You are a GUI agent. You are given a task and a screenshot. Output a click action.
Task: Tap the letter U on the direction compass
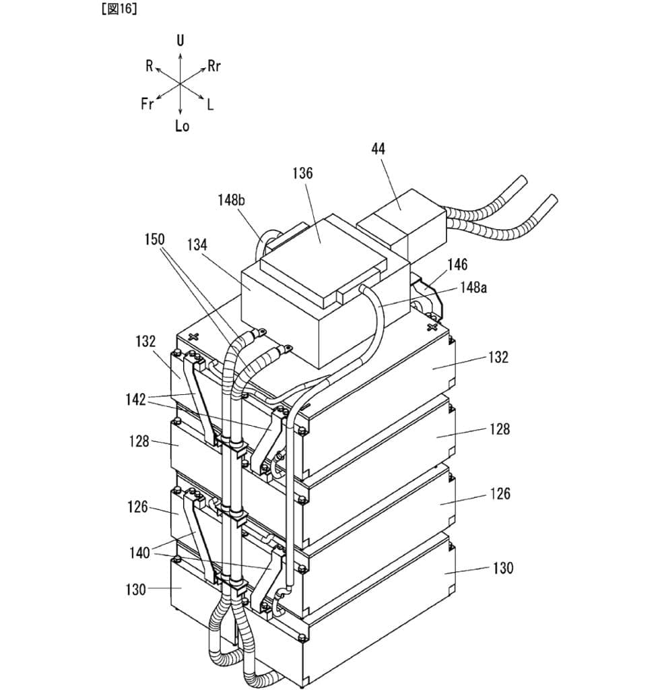click(x=180, y=40)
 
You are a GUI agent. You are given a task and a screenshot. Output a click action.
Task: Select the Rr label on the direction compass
click(x=214, y=66)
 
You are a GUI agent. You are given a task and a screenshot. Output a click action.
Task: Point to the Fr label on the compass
click(x=147, y=104)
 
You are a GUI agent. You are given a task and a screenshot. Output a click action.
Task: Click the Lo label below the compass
click(x=182, y=126)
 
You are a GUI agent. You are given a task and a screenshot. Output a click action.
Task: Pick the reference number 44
click(x=378, y=149)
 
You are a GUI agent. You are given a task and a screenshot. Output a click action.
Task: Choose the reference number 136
click(x=302, y=173)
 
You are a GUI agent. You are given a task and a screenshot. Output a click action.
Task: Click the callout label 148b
click(x=231, y=199)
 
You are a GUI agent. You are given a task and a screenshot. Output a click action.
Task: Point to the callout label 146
click(x=457, y=264)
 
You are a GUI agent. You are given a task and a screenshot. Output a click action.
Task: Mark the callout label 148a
click(x=473, y=288)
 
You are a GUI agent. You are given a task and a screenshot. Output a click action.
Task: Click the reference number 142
click(x=135, y=400)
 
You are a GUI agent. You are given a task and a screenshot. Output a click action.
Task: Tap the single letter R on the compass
click(x=149, y=65)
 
